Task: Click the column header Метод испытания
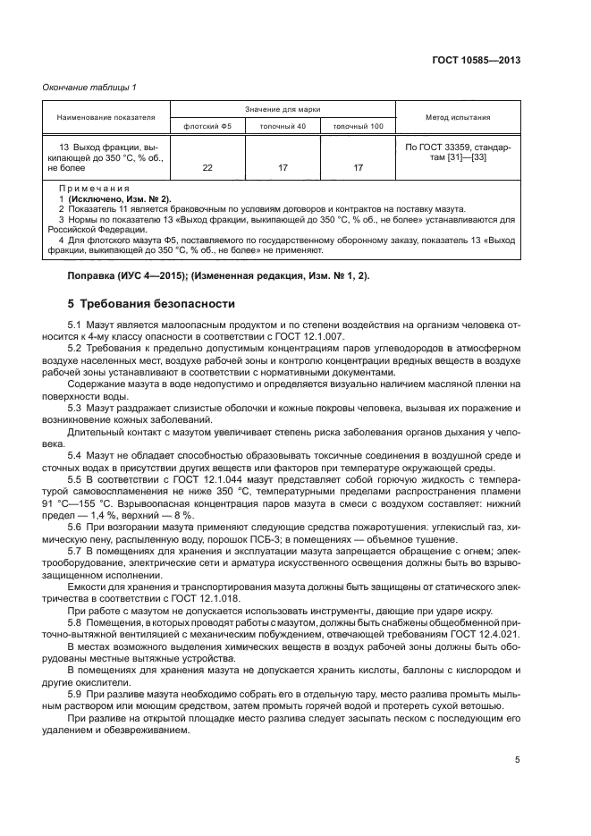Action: pos(459,117)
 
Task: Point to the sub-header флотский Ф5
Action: pos(207,126)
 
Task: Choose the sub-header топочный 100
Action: pos(358,126)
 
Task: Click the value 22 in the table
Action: pos(207,167)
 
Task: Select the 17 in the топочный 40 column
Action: pos(283,167)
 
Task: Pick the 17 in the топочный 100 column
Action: pos(358,167)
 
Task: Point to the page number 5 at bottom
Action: pos(517,761)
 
